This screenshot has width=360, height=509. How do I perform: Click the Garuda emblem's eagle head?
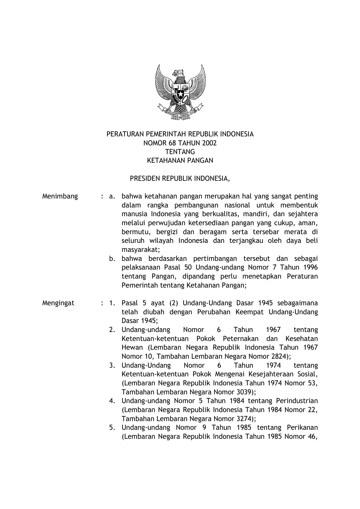click(x=179, y=73)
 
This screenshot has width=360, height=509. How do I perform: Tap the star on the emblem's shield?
click(x=180, y=93)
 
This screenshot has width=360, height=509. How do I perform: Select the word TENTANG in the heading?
click(x=180, y=152)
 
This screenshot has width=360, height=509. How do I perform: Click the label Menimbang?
click(x=60, y=196)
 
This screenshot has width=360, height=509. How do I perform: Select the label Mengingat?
click(x=58, y=303)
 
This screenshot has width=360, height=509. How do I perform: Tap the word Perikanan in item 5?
click(x=302, y=428)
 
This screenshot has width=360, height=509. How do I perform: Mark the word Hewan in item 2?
click(x=132, y=348)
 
